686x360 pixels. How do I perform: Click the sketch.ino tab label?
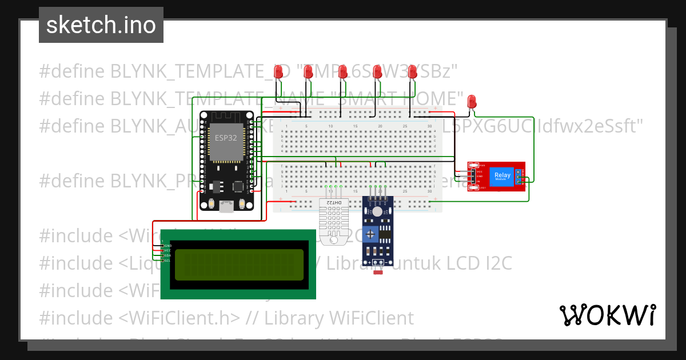point(101,25)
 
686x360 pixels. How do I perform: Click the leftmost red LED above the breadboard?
point(278,72)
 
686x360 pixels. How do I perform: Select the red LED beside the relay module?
point(472,102)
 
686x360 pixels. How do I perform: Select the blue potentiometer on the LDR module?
point(371,234)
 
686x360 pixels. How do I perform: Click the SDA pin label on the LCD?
point(167,255)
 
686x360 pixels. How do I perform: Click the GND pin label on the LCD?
point(167,245)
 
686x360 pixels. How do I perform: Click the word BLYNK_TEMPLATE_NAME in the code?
point(200,98)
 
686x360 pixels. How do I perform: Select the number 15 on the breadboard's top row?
point(355,126)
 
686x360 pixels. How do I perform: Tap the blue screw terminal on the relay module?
point(519,177)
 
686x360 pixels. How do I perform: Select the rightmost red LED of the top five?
point(412,72)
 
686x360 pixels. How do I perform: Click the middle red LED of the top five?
point(342,72)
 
